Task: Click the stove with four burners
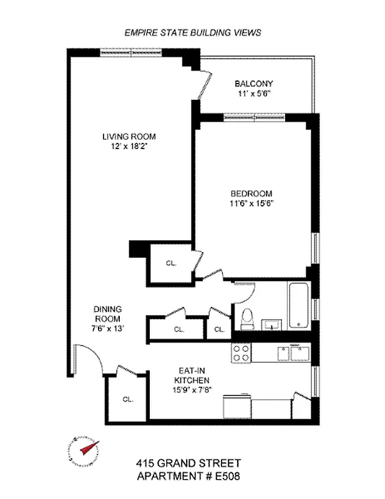coord(241,353)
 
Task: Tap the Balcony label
coord(253,84)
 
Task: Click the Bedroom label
coord(251,193)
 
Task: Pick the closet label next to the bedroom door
coord(170,263)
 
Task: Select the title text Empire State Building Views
coord(192,32)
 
